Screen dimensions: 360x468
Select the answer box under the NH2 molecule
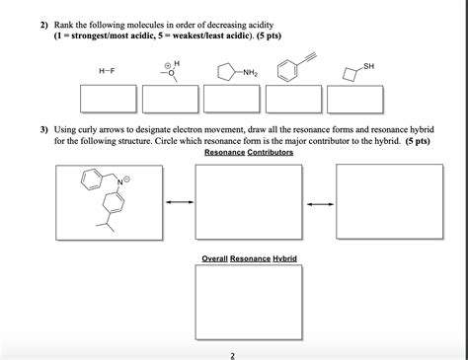pyautogui.click(x=234, y=102)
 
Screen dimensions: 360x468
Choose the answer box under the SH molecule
pyautogui.click(x=359, y=102)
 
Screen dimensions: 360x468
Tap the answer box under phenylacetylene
pyautogui.click(x=296, y=102)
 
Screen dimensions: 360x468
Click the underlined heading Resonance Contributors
pyautogui.click(x=249, y=153)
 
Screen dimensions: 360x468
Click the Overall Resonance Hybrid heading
pyautogui.click(x=249, y=258)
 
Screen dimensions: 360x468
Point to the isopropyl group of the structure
pyautogui.click(x=100, y=229)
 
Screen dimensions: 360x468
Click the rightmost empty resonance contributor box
pyautogui.click(x=375, y=202)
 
